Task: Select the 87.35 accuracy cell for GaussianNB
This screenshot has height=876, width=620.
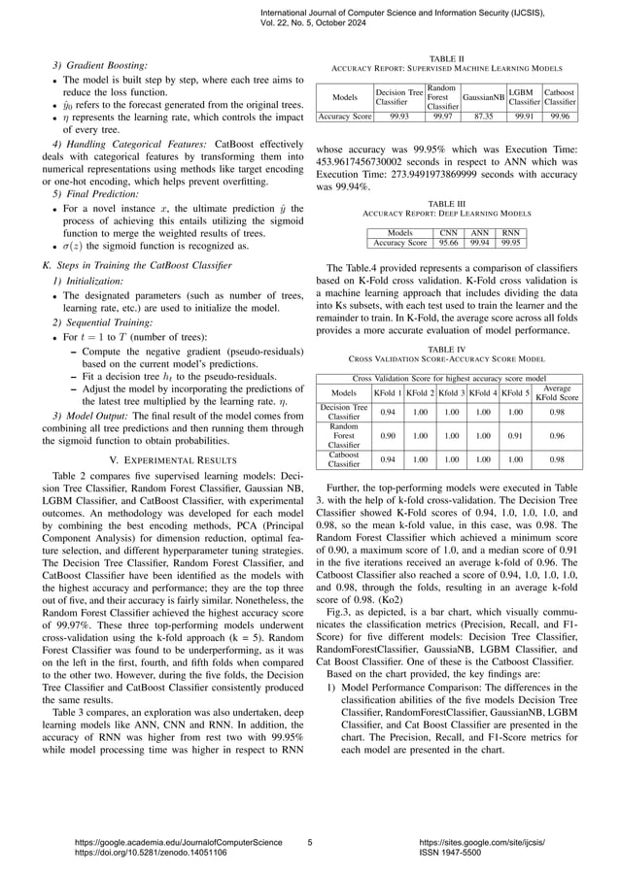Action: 483,115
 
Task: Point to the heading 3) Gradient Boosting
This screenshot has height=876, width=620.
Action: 92,65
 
